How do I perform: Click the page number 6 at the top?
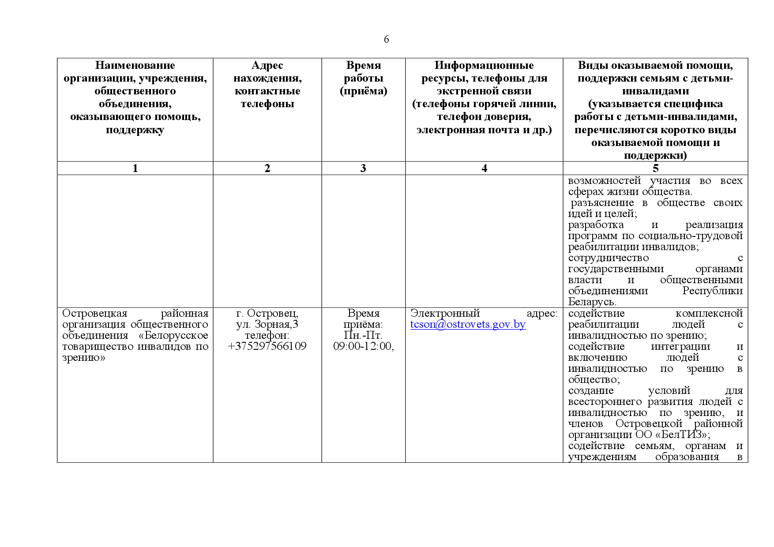tap(386, 40)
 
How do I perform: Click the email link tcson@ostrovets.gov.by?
tap(468, 325)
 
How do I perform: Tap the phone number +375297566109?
tap(267, 346)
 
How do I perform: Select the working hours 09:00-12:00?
tap(363, 346)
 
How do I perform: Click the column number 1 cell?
tap(135, 169)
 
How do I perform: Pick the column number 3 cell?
tap(363, 169)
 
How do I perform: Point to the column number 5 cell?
tap(655, 169)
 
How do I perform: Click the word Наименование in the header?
tap(135, 66)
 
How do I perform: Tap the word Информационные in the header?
tap(484, 66)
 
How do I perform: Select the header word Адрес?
tap(267, 66)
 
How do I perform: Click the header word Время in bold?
tap(363, 66)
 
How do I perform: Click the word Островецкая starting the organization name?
tap(94, 314)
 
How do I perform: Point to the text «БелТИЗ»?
tap(681, 435)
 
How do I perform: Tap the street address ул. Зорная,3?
tap(267, 325)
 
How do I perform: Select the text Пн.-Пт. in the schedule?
tap(363, 336)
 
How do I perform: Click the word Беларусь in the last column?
tap(591, 302)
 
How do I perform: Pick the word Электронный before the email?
tap(445, 314)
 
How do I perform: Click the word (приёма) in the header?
tap(363, 91)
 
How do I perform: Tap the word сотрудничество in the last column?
tap(608, 258)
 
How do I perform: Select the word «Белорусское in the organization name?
tap(173, 336)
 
